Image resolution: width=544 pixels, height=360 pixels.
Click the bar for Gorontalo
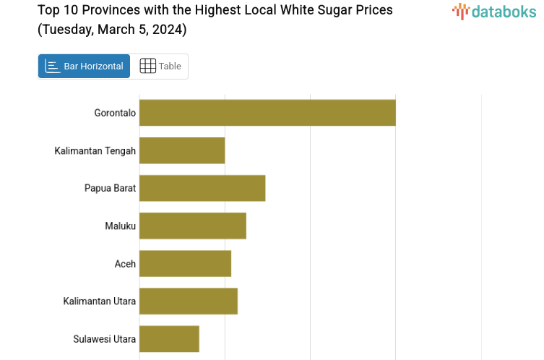(267, 113)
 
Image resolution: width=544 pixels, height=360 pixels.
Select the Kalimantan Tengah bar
(182, 150)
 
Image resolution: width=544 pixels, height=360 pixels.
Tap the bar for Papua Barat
(202, 188)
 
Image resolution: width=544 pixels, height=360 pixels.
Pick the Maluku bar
(193, 226)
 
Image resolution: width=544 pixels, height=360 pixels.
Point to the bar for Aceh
(185, 263)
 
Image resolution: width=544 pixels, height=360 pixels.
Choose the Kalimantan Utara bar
(189, 301)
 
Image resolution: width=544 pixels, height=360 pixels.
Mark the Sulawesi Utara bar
(169, 338)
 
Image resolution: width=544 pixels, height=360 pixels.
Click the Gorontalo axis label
(115, 113)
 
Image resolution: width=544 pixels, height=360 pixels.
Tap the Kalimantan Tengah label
(95, 150)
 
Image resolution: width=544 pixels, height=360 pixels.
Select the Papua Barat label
(110, 188)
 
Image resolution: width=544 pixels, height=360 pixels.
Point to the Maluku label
(120, 226)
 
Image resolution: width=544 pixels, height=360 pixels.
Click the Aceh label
(125, 263)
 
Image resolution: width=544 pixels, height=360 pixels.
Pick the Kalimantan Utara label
(99, 301)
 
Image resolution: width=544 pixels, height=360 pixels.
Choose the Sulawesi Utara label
(104, 338)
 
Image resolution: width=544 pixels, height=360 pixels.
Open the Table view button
(160, 67)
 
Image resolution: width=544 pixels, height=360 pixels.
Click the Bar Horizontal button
(84, 67)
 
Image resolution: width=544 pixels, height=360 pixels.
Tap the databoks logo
(494, 11)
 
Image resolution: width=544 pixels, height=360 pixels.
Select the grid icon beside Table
(147, 67)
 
